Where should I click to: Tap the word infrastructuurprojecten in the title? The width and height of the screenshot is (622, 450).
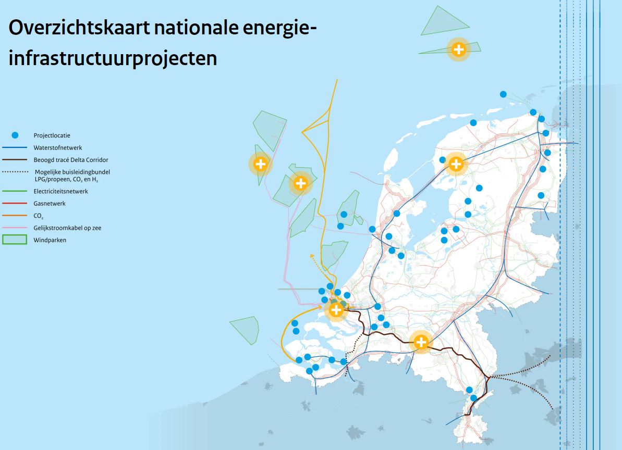point(113,59)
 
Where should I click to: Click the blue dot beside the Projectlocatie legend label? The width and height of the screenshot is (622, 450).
point(15,135)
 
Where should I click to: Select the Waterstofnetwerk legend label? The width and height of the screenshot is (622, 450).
point(58,148)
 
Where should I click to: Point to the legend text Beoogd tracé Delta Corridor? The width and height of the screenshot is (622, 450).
point(71,160)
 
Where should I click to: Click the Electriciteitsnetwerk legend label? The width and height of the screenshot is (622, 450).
point(60,191)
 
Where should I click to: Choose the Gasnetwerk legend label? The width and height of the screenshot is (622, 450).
point(50,204)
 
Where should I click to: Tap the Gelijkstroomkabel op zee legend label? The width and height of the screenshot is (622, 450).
point(67,228)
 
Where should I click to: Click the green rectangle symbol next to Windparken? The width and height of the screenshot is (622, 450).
point(15,240)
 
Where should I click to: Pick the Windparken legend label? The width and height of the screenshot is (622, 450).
point(50,240)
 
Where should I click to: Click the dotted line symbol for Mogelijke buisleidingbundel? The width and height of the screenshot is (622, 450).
point(15,172)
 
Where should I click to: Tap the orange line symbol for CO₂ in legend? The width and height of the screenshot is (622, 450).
point(15,216)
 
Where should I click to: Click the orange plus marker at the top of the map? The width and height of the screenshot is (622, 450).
point(459,49)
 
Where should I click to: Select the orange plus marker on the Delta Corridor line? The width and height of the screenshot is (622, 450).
point(421,342)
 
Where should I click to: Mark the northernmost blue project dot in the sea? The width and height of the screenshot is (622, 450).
point(503,94)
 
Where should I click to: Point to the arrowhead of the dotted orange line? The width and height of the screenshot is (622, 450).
point(312,257)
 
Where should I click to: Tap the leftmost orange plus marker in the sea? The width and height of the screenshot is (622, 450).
point(260,164)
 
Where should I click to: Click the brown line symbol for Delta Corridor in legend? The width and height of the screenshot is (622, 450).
point(15,160)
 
